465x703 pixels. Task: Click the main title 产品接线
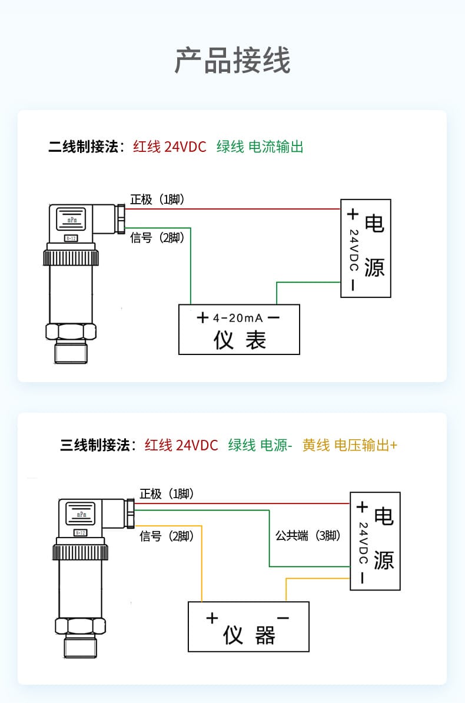point(232,61)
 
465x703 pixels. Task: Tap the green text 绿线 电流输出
point(260,147)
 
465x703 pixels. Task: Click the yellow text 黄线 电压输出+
point(350,445)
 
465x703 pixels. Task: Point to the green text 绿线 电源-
point(260,445)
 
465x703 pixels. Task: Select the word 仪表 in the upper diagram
point(240,340)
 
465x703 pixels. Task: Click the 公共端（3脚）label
point(308,536)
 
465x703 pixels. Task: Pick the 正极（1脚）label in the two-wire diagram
point(158,200)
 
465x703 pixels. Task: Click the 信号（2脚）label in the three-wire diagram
point(167,536)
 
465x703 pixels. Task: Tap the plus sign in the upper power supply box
point(352,214)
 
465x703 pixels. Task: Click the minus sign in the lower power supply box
point(361,578)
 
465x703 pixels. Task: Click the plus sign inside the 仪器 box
point(212,618)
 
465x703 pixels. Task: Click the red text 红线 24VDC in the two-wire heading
point(170,147)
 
